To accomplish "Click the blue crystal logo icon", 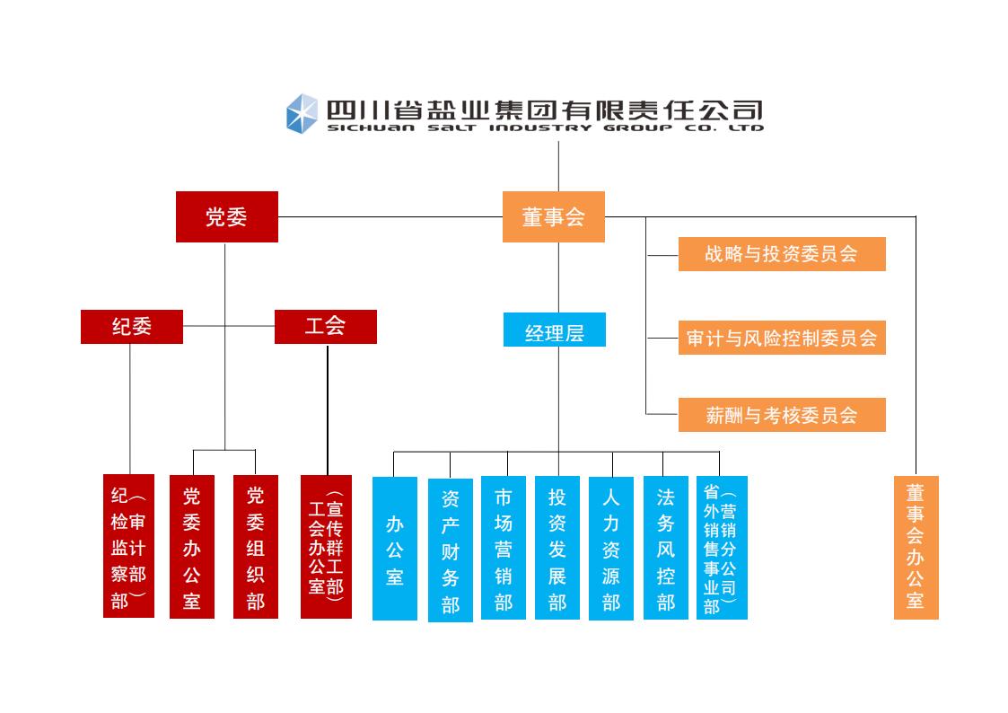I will (x=302, y=114).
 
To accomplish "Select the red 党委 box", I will (x=226, y=216).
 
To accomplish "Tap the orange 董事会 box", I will (x=553, y=216).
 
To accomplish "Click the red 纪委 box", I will (x=131, y=327).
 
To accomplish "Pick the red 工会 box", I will (x=325, y=327).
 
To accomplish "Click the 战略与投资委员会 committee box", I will (x=781, y=254).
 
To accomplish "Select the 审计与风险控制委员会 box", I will (x=781, y=338).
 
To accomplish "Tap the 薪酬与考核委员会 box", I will (x=781, y=415).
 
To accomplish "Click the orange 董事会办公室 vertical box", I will (x=916, y=547).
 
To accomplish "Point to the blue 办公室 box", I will (x=395, y=548).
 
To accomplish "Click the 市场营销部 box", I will (x=504, y=548).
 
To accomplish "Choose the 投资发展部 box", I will (x=557, y=548).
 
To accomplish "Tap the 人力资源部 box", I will (x=611, y=548).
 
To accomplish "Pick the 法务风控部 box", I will (x=665, y=548).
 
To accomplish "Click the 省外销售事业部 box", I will (x=721, y=548).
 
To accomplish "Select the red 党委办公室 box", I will (x=192, y=547).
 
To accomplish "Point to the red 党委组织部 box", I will (x=256, y=547).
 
